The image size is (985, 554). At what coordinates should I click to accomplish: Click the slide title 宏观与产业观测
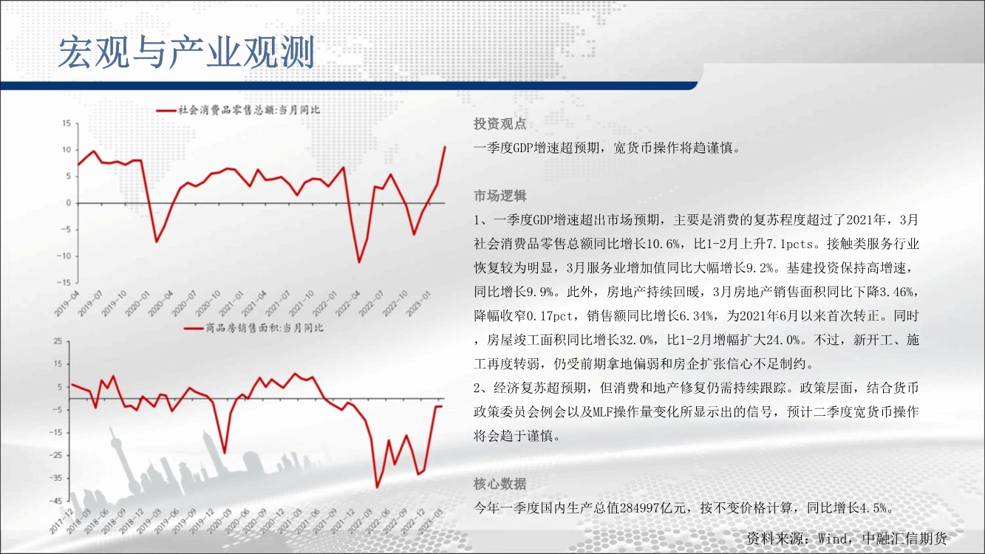point(186,52)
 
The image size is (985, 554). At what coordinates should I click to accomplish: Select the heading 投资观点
point(500,124)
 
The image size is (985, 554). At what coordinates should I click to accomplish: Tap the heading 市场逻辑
point(500,196)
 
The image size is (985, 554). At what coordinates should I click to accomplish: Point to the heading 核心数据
point(500,484)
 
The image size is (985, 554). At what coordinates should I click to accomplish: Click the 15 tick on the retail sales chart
point(67,123)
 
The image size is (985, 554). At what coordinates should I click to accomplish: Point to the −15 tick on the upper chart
point(64,283)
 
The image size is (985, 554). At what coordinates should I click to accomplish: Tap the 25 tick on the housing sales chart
point(58,341)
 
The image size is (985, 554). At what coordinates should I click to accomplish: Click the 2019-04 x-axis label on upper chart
point(67,304)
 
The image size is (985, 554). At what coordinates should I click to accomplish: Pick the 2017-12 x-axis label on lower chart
point(61,522)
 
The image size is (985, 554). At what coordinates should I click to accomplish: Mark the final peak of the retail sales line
point(445,146)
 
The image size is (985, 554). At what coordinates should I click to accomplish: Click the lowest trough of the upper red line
point(359,262)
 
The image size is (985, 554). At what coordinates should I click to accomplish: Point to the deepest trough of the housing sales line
point(377,488)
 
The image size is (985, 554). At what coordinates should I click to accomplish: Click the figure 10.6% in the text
point(663,244)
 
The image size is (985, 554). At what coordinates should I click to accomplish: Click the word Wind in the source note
point(834,538)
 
